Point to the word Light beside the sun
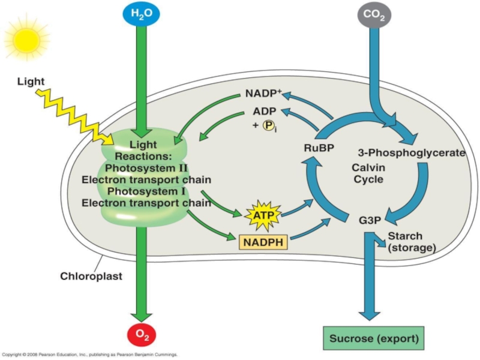31,81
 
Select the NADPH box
263,242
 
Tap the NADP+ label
263,94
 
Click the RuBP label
318,148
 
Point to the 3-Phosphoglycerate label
411,152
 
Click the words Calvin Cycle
368,173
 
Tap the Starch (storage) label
411,241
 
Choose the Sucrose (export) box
373,337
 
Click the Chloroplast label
91,277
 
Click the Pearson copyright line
90,355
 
